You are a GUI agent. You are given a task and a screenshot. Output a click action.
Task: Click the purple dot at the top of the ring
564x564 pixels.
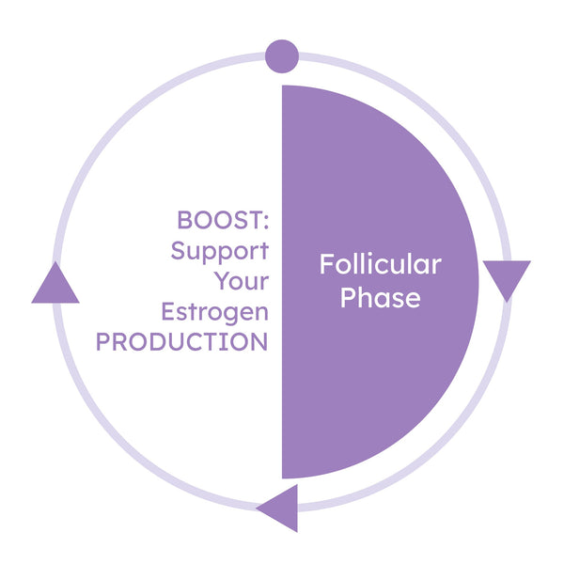click(282, 55)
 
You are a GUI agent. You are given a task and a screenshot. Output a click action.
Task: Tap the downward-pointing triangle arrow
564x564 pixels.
click(507, 278)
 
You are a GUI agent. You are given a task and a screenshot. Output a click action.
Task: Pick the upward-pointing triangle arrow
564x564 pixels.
click(55, 285)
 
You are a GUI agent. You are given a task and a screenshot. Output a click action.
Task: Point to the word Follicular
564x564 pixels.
click(380, 265)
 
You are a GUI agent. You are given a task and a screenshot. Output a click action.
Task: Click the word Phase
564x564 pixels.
click(380, 298)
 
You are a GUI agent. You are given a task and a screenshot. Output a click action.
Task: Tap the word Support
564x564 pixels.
click(219, 252)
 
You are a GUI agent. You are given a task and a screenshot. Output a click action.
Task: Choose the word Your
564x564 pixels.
click(241, 281)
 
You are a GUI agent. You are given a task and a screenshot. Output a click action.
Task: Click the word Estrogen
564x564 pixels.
click(214, 311)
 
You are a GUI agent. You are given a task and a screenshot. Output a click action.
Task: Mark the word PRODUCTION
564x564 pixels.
click(181, 341)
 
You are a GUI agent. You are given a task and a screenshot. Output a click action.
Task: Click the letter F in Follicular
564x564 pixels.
click(326, 265)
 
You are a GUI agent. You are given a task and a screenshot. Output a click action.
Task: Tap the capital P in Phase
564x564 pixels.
click(347, 298)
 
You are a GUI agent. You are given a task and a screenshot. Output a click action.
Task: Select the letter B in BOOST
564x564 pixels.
click(184, 221)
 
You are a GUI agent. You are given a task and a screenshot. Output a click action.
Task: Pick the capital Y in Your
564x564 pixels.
click(222, 281)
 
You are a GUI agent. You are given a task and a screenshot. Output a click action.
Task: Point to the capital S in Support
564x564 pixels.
click(178, 251)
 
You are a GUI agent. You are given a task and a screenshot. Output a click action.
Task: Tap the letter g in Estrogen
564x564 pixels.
click(233, 314)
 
